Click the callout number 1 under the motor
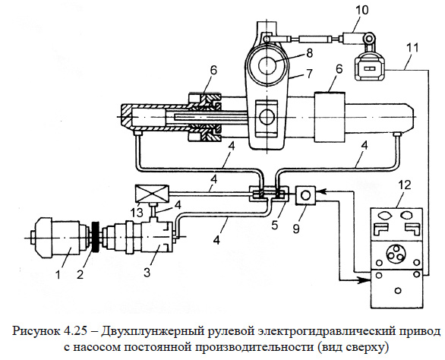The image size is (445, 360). pyautogui.click(x=58, y=274)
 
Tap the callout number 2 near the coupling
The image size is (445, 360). pyautogui.click(x=80, y=274)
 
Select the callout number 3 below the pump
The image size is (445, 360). pyautogui.click(x=147, y=272)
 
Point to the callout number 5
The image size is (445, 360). pyautogui.click(x=274, y=225)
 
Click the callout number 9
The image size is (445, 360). pyautogui.click(x=296, y=229)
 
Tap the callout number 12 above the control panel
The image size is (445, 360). pyautogui.click(x=404, y=185)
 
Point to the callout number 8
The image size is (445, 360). pyautogui.click(x=309, y=52)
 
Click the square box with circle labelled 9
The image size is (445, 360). pyautogui.click(x=306, y=194)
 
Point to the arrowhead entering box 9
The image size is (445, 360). pyautogui.click(x=320, y=191)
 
